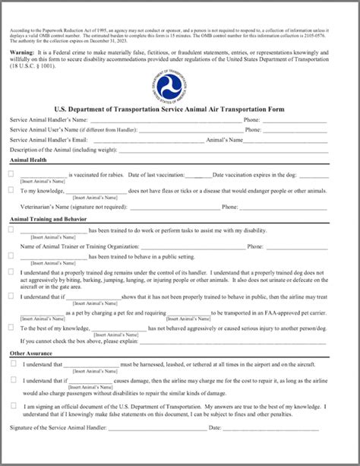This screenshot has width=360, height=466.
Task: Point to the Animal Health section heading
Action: pyautogui.click(x=30, y=160)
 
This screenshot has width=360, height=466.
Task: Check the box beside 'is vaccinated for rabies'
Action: pyautogui.click(x=11, y=174)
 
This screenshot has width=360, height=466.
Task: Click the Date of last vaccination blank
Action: pyautogui.click(x=199, y=176)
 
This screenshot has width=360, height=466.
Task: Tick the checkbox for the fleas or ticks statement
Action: pyautogui.click(x=11, y=190)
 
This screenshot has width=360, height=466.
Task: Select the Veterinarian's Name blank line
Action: pyautogui.click(x=175, y=207)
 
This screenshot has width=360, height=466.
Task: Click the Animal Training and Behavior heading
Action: pyautogui.click(x=47, y=219)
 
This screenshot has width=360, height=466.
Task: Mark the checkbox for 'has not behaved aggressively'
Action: pyautogui.click(x=11, y=327)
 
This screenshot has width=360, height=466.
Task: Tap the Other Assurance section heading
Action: pyautogui.click(x=31, y=353)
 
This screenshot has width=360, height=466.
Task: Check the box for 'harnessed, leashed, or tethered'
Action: pyautogui.click(x=14, y=364)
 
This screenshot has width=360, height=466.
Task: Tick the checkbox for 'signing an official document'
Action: pyautogui.click(x=14, y=405)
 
